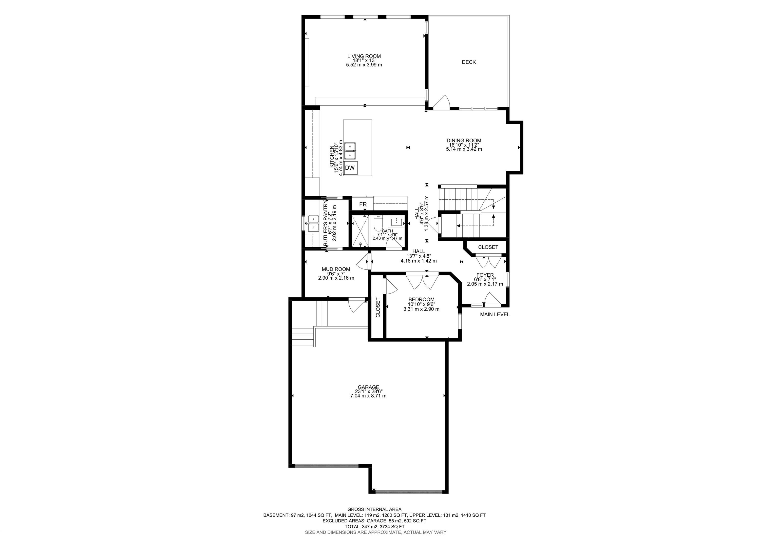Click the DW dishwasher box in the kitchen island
click(350, 168)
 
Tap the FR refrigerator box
click(363, 204)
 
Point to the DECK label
click(469, 62)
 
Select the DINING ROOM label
click(464, 141)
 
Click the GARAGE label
click(368, 387)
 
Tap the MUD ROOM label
click(336, 269)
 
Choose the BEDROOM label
click(421, 300)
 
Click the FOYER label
click(485, 275)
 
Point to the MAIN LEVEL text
click(494, 315)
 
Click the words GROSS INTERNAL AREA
click(374, 509)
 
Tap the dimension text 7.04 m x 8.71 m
click(368, 395)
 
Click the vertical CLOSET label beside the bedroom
click(378, 307)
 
